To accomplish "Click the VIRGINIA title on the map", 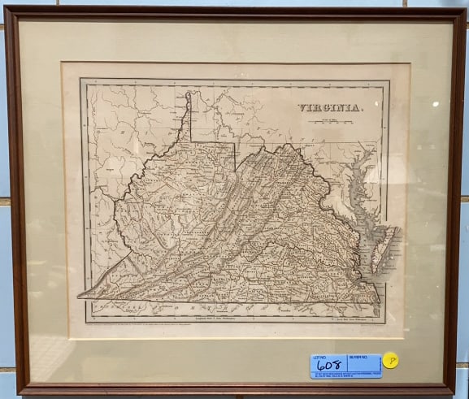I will [x=328, y=106].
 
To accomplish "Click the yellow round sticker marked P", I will [x=391, y=360].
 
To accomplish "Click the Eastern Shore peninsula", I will [x=380, y=248].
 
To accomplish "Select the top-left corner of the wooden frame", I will [x=7, y=9].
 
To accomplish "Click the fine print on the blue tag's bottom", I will [x=345, y=375].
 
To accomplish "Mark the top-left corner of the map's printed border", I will [x=81, y=79].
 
